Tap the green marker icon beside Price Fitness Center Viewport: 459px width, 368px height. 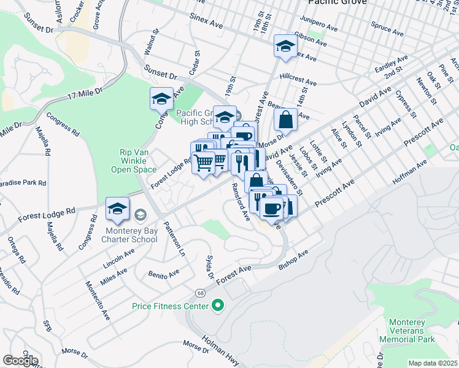217,305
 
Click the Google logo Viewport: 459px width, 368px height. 20,361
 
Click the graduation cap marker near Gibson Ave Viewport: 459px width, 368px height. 285,46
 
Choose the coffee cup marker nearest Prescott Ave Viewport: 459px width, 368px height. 271,208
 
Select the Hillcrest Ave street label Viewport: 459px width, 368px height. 298,80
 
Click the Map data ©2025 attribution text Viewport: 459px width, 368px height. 433,363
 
